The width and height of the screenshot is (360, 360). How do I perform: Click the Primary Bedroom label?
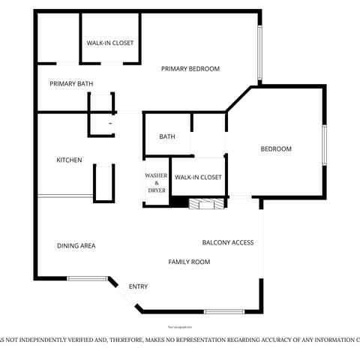tap(190, 69)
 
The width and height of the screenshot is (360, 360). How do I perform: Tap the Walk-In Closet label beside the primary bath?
tap(110, 43)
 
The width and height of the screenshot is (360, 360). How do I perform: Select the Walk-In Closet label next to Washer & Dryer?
tap(198, 177)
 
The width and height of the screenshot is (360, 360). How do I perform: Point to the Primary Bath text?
tap(72, 83)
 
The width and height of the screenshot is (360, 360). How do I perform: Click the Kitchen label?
tap(70, 160)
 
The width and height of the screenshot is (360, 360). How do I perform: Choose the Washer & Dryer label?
tap(156, 183)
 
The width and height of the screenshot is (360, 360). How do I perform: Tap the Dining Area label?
tap(76, 245)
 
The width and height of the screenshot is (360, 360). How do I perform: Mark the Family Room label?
tap(188, 262)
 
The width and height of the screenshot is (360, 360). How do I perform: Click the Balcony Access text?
tap(228, 242)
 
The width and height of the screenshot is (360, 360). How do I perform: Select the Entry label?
tap(139, 286)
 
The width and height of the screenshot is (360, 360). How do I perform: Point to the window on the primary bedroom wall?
tap(259, 53)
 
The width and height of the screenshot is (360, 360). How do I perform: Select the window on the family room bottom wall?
tap(223, 311)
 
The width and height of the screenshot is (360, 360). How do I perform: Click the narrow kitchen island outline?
tap(103, 181)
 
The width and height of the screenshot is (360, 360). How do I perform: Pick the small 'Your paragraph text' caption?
tap(180, 327)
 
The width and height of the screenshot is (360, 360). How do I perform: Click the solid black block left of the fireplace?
tap(178, 202)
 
